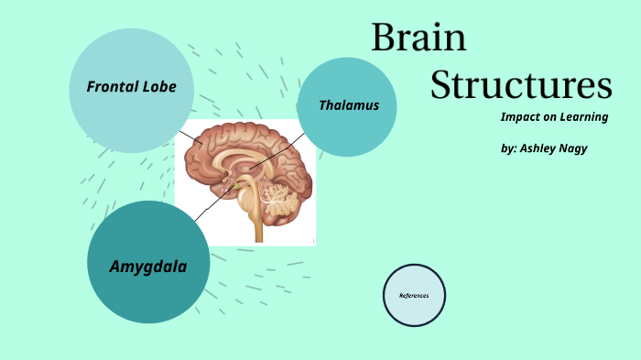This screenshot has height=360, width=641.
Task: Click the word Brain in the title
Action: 418,38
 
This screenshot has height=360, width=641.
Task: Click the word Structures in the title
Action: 520,84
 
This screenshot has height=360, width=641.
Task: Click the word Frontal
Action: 113,87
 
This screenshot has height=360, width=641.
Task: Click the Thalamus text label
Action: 348,105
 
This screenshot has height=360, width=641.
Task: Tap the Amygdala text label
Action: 148,267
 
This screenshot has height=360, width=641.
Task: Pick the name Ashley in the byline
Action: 540,147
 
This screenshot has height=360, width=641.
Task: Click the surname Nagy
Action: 575,147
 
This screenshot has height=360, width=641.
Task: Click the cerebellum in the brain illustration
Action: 277,193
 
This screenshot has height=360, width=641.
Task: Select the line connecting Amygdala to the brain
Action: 209,206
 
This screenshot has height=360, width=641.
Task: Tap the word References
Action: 414,296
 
